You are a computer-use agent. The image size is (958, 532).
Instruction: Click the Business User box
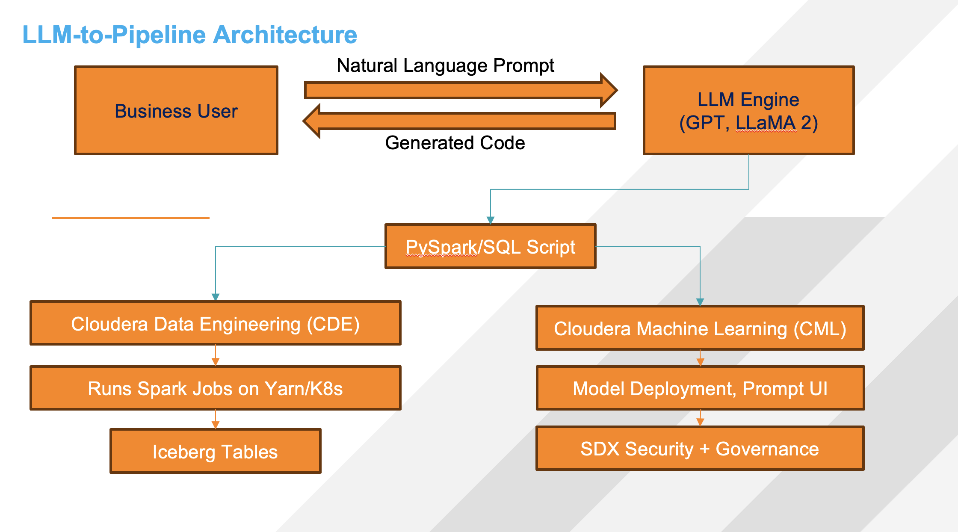pos(176,110)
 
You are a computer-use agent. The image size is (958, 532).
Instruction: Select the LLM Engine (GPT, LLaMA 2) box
pos(748,110)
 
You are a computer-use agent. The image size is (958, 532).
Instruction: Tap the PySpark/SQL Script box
pos(490,247)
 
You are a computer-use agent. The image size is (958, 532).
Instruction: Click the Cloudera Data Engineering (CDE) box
pos(216,323)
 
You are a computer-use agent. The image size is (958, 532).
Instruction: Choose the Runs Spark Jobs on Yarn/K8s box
pos(216,388)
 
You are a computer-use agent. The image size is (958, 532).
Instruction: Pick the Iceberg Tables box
pos(216,452)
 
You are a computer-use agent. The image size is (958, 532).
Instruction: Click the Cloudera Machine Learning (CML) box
pos(700,328)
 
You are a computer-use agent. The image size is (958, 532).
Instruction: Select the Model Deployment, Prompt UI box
pos(700,388)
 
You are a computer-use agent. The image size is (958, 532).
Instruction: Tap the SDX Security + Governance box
pos(700,449)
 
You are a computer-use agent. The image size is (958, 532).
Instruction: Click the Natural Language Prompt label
pos(445,65)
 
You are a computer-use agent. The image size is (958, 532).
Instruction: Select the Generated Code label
pos(455,143)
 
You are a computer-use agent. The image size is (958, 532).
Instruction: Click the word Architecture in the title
pos(285,35)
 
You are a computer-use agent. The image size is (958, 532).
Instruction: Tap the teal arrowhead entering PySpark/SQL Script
pos(491,220)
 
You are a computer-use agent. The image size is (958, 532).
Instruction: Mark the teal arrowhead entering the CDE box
pos(216,297)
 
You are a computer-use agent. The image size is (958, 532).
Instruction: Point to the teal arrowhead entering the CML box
pos(700,302)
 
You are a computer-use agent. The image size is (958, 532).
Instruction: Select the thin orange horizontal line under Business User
pos(130,218)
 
